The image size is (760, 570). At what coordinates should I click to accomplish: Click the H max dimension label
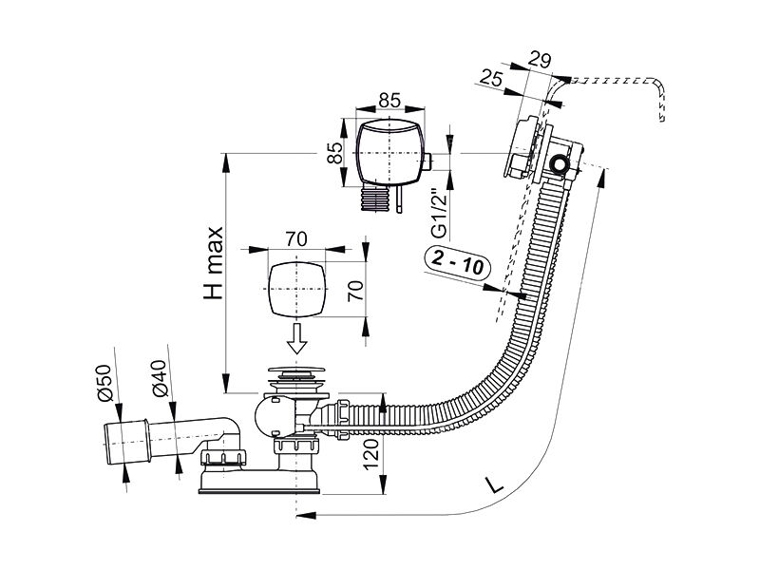tap(214, 263)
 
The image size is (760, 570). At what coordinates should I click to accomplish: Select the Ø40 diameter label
tap(159, 378)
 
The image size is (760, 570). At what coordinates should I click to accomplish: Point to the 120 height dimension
tap(370, 454)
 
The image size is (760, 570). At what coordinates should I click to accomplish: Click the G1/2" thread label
tap(440, 213)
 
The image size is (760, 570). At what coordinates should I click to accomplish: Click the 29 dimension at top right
tap(539, 60)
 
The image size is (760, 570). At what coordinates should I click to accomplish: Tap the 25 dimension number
tap(492, 78)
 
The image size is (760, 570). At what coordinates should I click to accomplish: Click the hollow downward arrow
tap(296, 338)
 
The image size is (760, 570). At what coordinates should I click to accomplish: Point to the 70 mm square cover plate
tap(296, 289)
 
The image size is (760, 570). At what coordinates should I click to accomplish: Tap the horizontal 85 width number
tap(389, 100)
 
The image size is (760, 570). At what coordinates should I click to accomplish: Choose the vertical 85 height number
tap(334, 153)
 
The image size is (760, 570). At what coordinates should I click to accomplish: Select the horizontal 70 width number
tap(296, 239)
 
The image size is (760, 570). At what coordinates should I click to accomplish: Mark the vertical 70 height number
tap(355, 290)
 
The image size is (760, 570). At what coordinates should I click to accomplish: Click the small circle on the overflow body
tap(560, 163)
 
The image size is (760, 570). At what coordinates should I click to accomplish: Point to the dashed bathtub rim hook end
tap(660, 102)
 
